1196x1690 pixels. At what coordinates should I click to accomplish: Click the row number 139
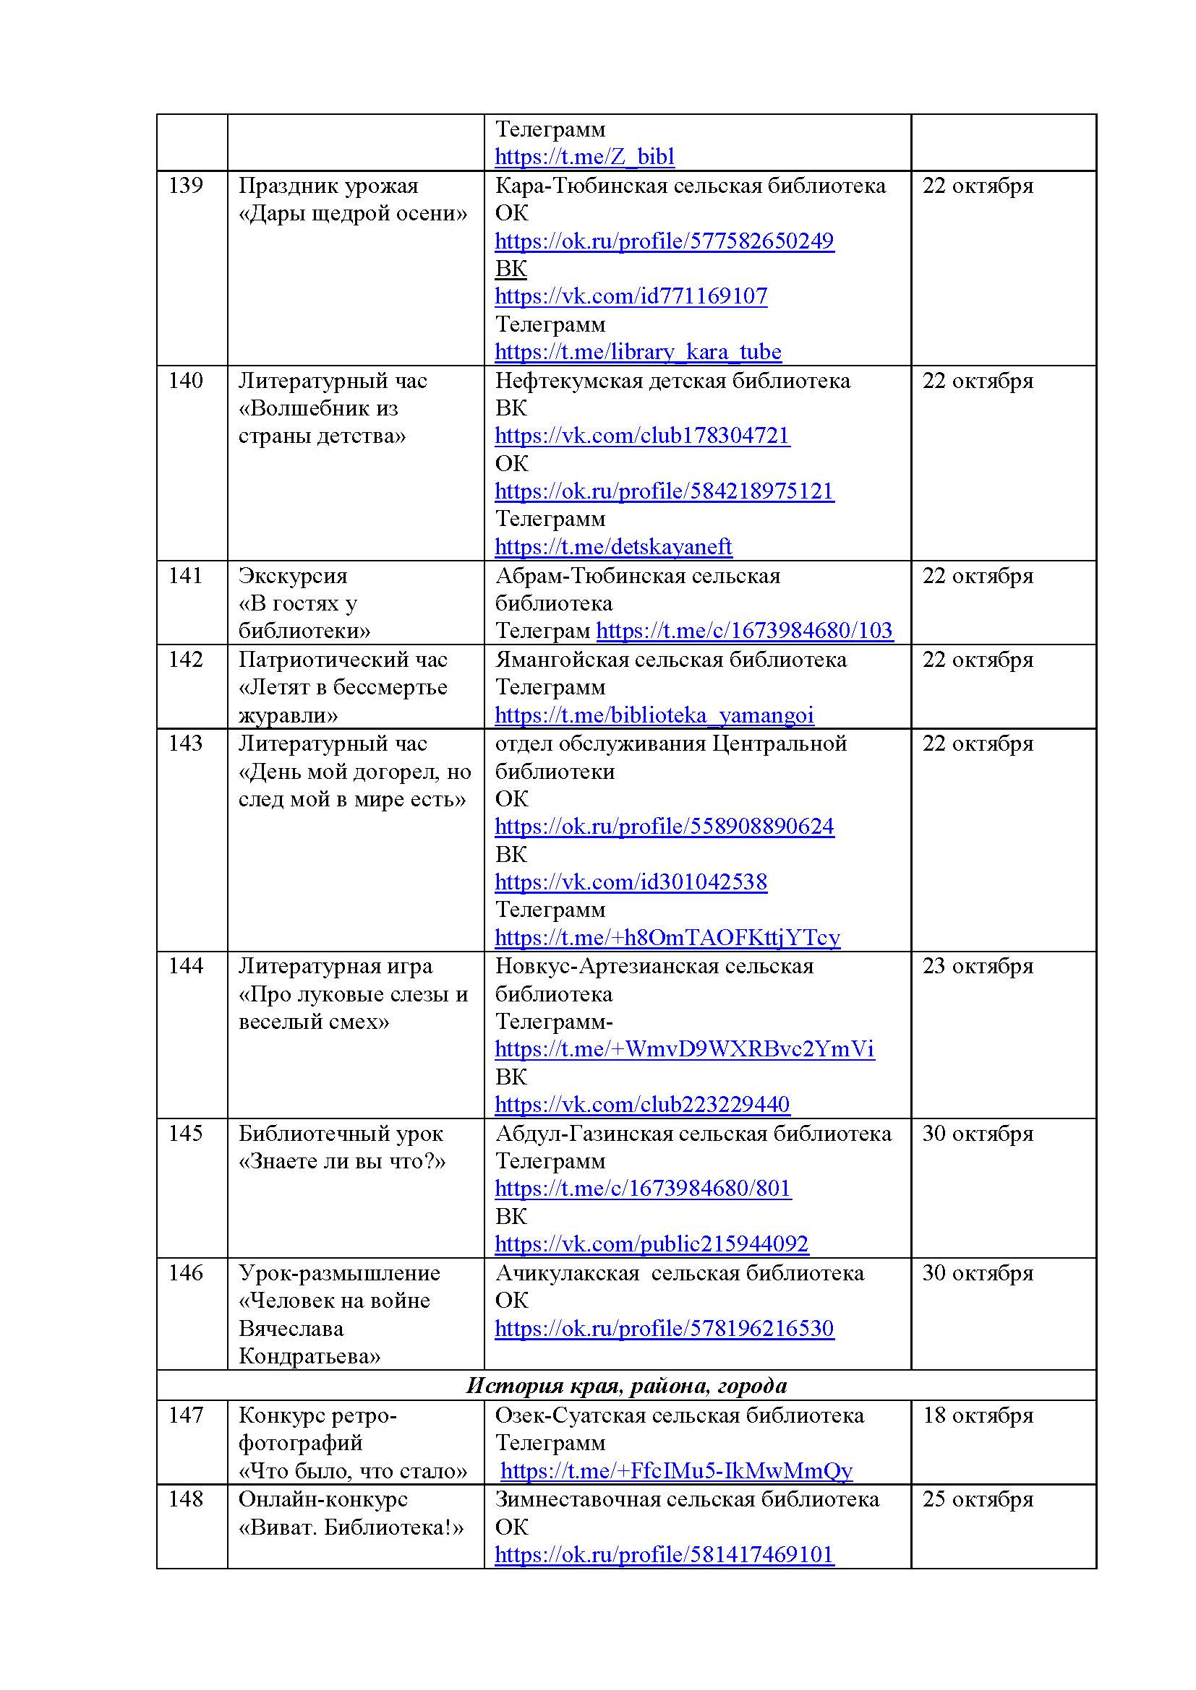186,186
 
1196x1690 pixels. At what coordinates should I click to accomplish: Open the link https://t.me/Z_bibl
584,157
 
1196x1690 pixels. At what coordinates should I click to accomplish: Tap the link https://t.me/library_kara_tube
638,352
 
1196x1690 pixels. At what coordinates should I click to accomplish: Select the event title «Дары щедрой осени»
352,213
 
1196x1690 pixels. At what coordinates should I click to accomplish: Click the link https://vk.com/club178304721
641,436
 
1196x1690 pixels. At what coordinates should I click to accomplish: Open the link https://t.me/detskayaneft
612,547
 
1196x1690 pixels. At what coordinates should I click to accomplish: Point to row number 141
186,576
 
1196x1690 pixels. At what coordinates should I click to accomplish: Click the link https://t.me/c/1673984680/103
744,631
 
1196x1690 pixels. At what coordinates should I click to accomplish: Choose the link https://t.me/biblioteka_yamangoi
654,715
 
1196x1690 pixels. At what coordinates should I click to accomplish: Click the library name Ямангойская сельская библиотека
670,660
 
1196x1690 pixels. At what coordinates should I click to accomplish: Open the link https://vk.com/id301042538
631,881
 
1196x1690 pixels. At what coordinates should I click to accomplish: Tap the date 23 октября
978,967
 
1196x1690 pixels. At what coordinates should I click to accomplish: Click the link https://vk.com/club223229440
641,1105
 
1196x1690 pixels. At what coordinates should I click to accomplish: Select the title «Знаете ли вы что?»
342,1162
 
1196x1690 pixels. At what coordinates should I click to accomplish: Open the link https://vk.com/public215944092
651,1244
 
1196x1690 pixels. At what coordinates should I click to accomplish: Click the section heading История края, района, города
626,1386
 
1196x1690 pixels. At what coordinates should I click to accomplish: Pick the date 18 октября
978,1415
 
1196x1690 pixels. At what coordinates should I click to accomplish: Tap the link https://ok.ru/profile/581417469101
664,1555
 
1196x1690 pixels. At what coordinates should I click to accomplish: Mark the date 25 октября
978,1499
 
